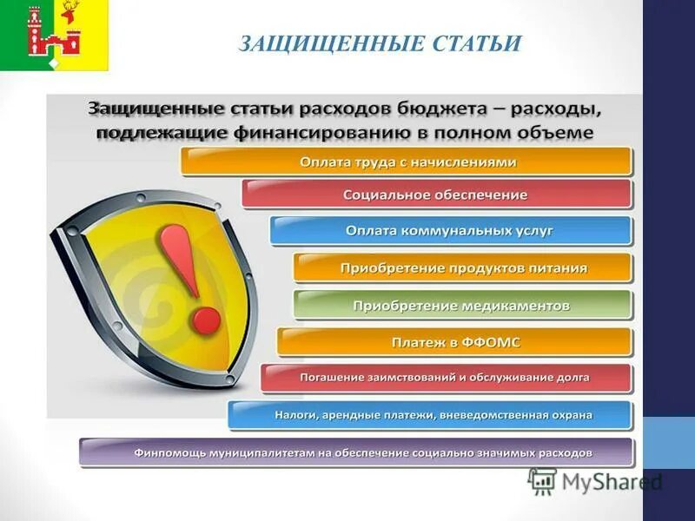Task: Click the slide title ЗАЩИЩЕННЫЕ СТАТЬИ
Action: coord(380,43)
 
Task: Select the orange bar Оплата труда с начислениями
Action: coord(407,162)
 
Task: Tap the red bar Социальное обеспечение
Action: coord(435,195)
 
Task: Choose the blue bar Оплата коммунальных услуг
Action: coord(449,231)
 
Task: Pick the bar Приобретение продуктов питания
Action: coord(463,268)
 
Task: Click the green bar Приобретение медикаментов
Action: coord(461,306)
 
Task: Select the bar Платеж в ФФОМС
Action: coord(454,343)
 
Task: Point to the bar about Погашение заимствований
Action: coord(445,378)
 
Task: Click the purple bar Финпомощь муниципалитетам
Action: coord(356,452)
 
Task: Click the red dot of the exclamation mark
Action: coord(206,319)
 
